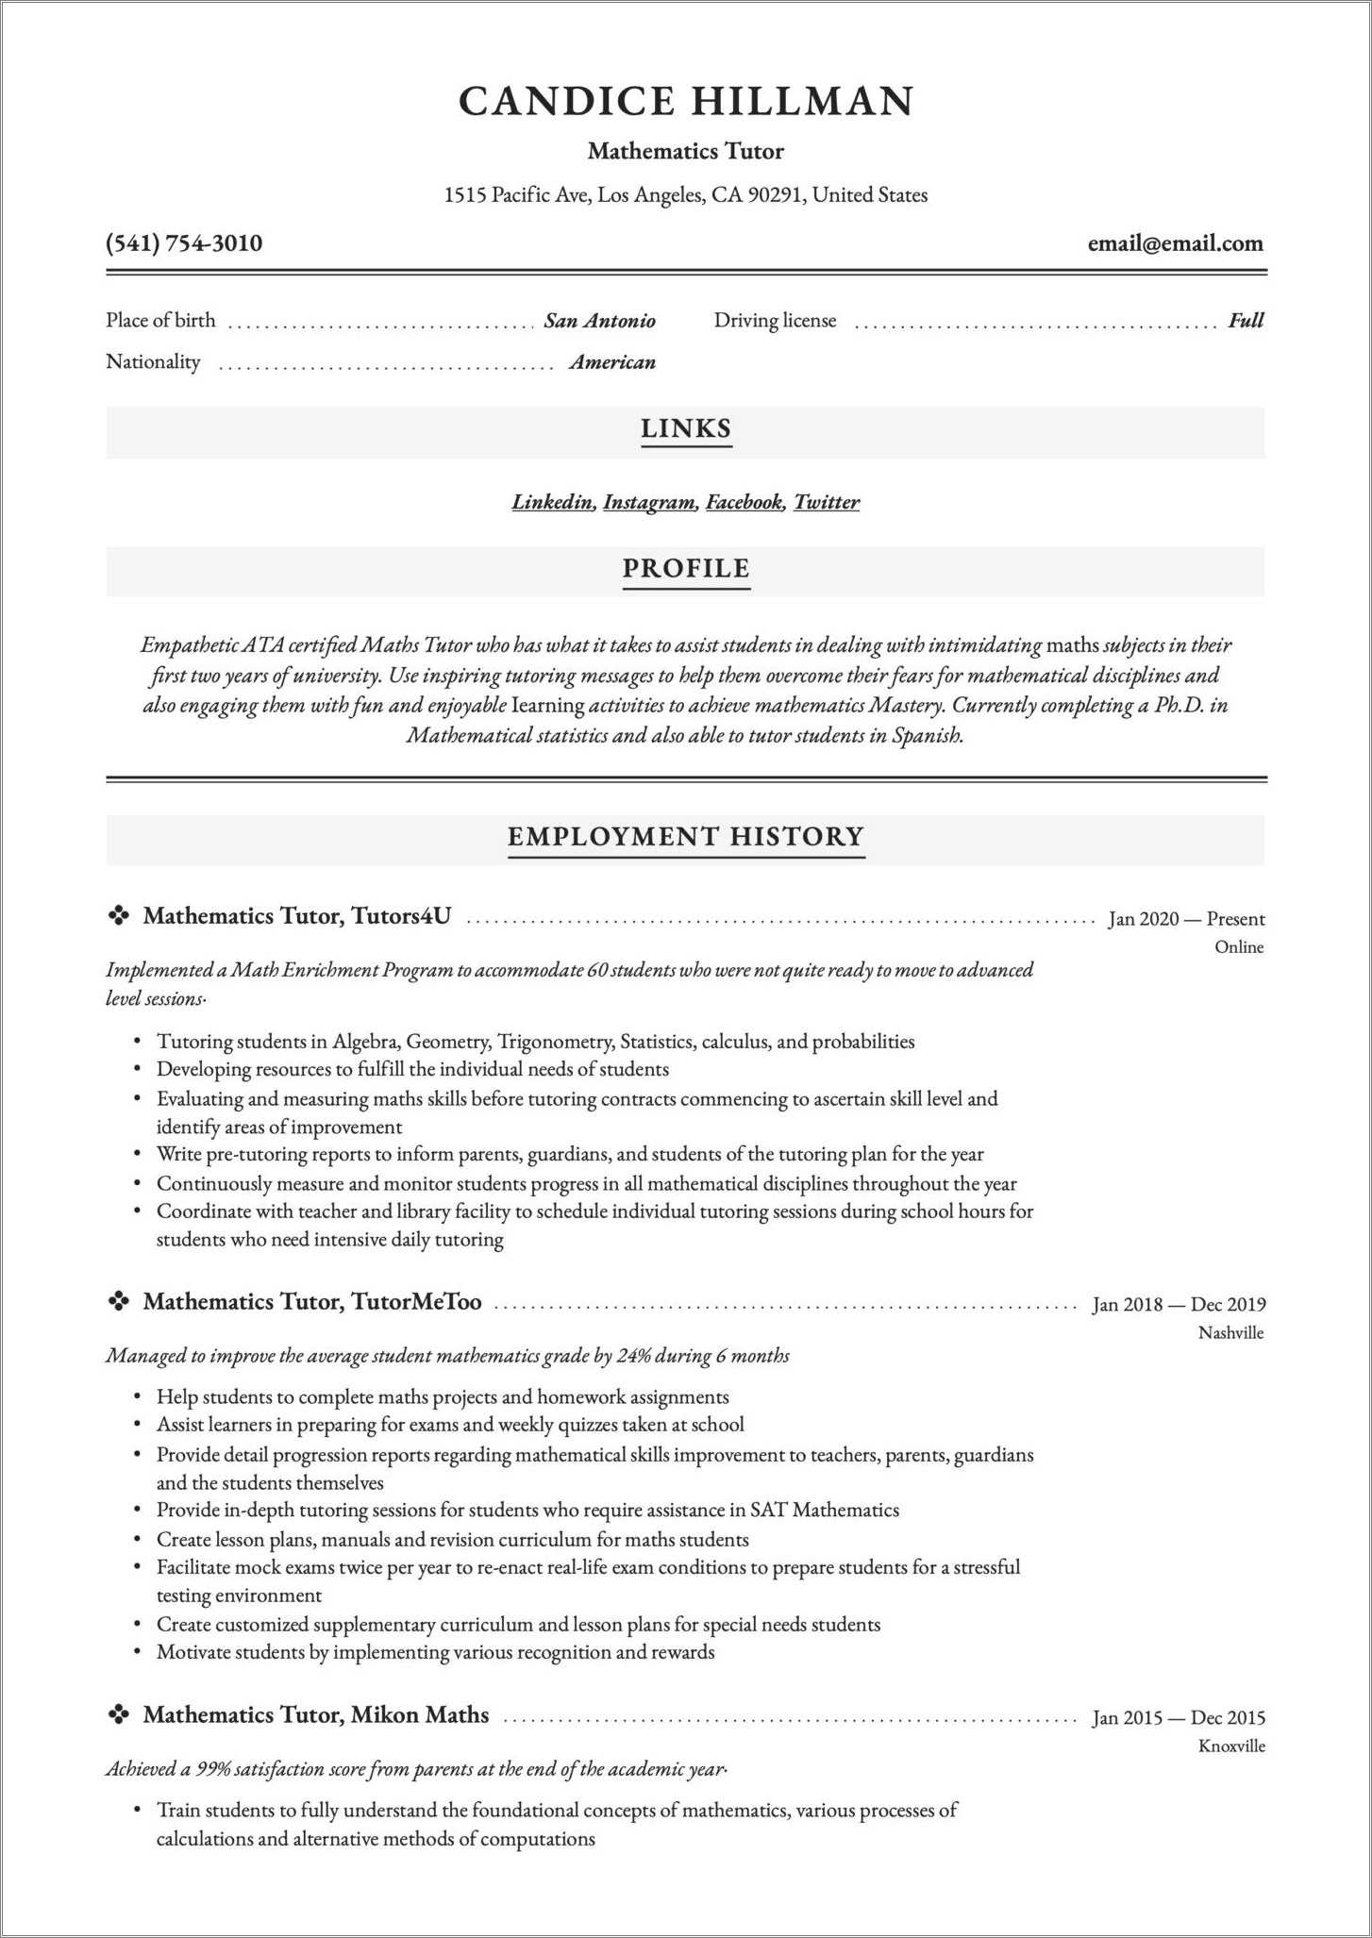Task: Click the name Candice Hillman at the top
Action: (686, 102)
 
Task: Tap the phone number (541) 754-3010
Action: (184, 243)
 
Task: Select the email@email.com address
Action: (1175, 243)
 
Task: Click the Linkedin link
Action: (553, 502)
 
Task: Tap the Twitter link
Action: (826, 502)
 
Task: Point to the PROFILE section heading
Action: (686, 569)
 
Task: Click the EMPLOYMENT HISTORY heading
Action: (686, 837)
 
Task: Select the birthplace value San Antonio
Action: (599, 321)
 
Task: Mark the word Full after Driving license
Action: (1246, 321)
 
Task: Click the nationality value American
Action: (612, 362)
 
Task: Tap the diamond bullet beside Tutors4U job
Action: (119, 916)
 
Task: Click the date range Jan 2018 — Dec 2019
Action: (1179, 1305)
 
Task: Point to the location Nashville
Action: (1230, 1333)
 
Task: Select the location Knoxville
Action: (1231, 1746)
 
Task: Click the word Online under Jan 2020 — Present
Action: (1239, 947)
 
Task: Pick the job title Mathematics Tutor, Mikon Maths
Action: (316, 1715)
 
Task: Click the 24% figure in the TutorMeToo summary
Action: (633, 1356)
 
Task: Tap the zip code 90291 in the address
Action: (775, 195)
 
